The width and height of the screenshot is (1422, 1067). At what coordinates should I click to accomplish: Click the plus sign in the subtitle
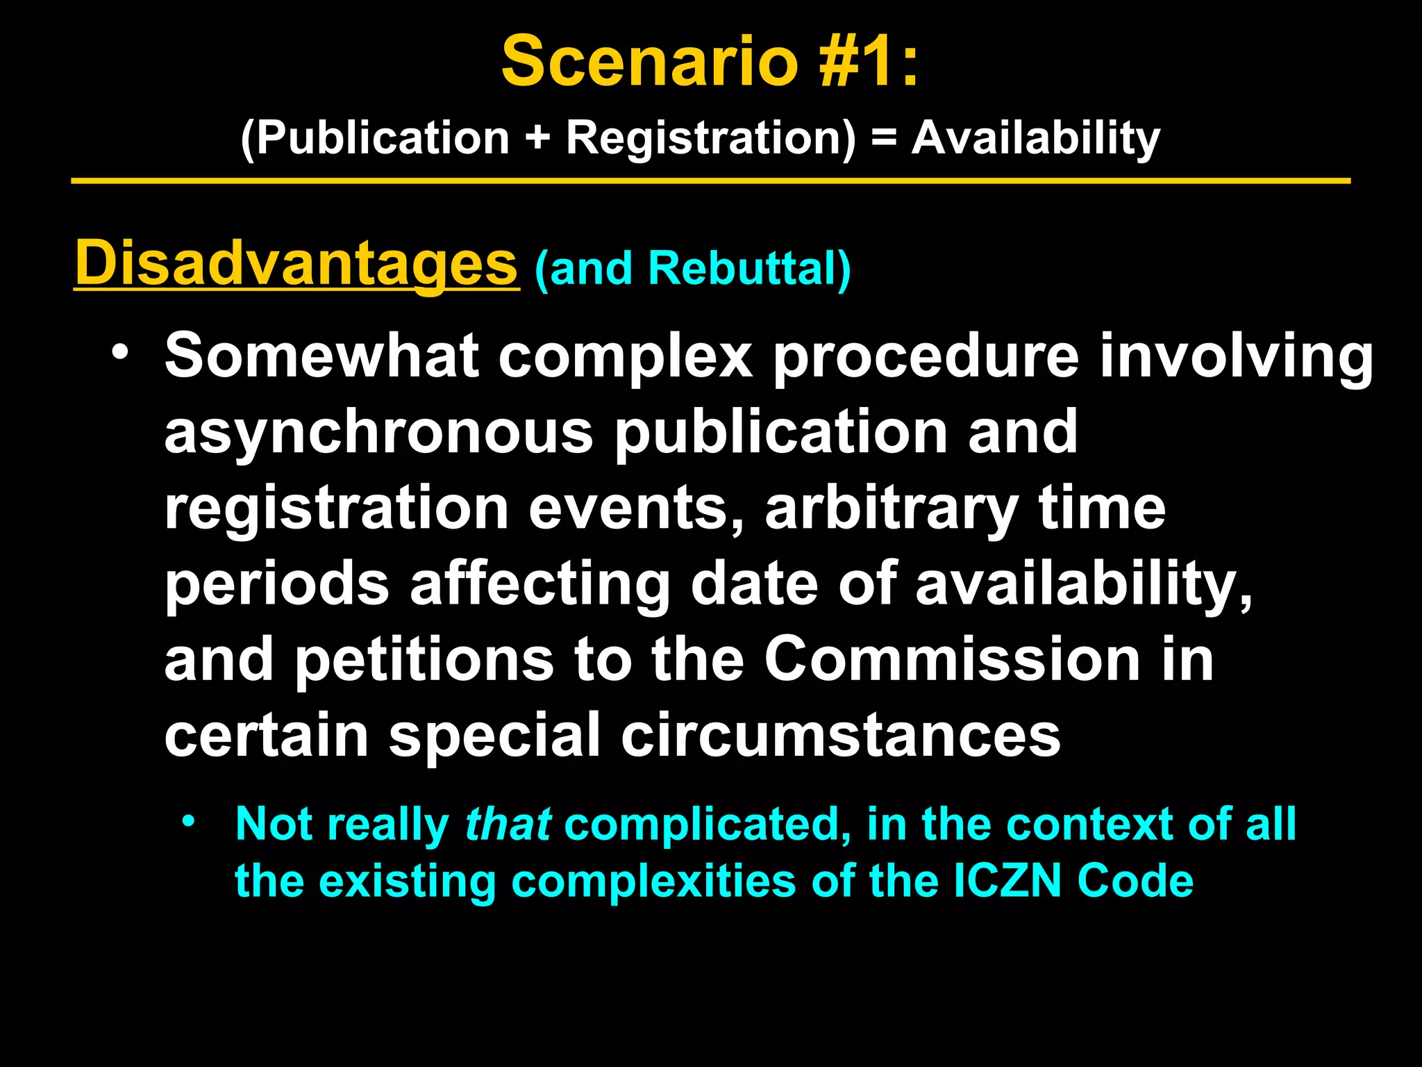tap(538, 138)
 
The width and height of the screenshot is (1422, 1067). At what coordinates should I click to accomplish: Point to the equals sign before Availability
tap(884, 138)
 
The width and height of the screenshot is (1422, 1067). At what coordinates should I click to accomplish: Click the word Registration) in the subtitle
tap(711, 138)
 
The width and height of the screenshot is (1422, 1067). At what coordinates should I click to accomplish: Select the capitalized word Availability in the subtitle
tap(1035, 138)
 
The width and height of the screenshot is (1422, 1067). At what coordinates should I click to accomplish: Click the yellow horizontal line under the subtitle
tap(711, 181)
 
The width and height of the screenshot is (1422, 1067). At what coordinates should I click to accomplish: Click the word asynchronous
tap(378, 432)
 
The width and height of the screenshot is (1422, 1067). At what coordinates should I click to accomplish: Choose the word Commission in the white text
tap(952, 659)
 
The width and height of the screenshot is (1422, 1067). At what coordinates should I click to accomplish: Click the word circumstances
tap(840, 736)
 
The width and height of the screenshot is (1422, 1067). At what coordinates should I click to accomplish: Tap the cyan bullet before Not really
tap(187, 822)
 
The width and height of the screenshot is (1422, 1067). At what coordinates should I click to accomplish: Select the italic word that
tap(508, 825)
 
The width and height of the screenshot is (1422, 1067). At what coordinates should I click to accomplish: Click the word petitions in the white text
tap(425, 659)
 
